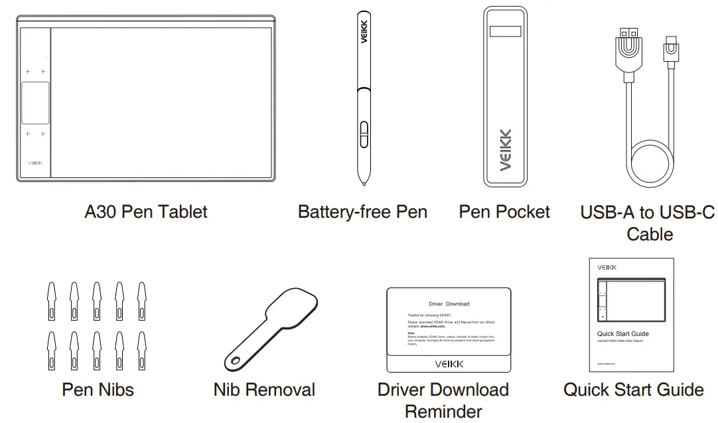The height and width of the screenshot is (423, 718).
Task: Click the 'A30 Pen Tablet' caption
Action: (146, 212)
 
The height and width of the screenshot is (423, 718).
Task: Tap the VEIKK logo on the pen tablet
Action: (35, 162)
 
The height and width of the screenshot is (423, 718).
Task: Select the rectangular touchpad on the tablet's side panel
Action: (35, 103)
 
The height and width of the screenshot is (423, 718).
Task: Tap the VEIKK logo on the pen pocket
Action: (506, 149)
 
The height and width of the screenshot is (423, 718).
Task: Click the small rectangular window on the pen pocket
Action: (506, 32)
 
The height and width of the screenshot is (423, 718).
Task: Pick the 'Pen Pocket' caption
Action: (504, 212)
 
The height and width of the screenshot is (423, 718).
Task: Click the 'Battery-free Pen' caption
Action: (362, 212)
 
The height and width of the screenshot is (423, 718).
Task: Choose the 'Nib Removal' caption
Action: (264, 390)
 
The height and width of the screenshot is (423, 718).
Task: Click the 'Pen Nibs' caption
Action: (98, 389)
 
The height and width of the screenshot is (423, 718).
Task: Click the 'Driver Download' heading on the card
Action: (449, 304)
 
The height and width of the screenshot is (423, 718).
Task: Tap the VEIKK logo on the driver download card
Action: (449, 363)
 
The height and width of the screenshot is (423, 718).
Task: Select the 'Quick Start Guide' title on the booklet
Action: (622, 333)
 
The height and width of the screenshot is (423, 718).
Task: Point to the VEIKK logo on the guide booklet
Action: (607, 267)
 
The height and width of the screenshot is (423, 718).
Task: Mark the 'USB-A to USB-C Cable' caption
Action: (648, 223)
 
